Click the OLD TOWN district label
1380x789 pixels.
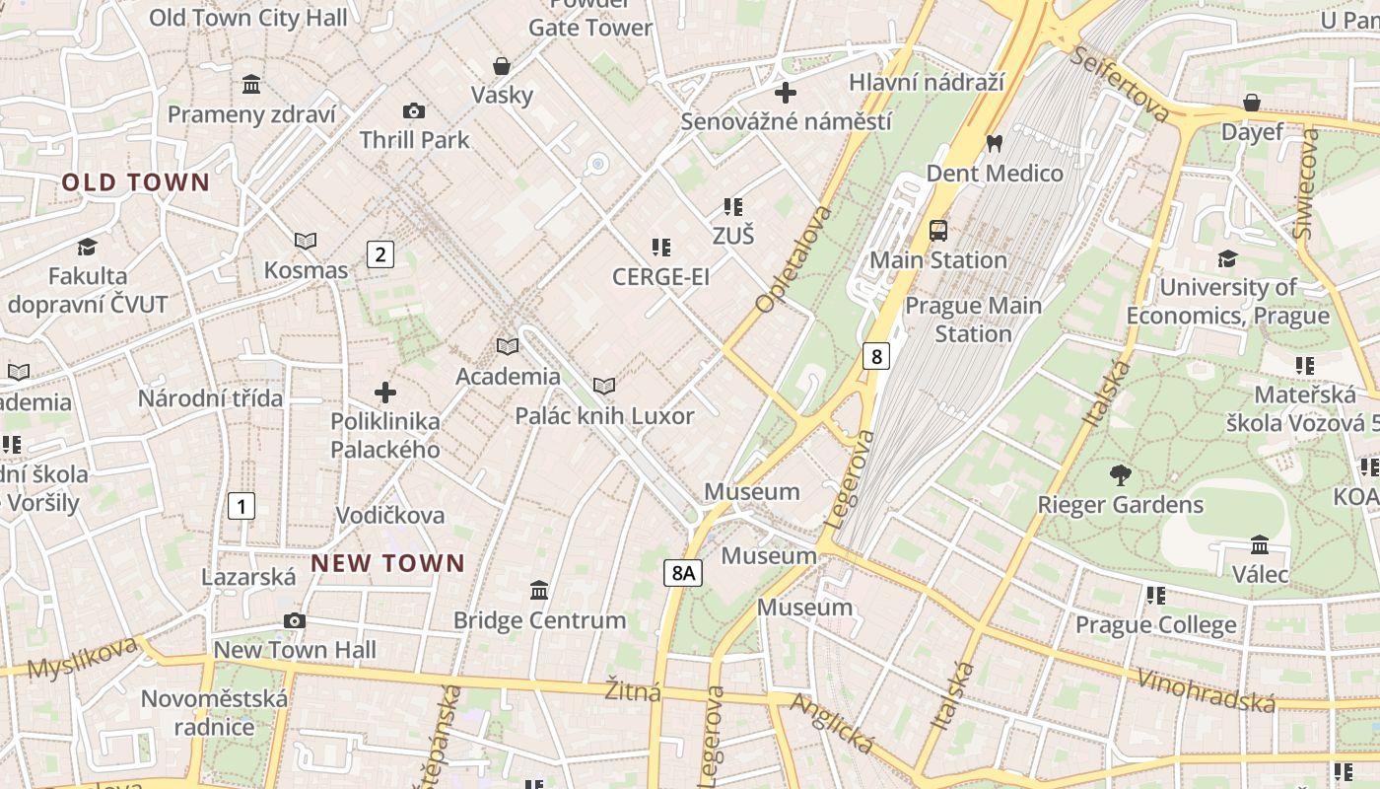tap(136, 182)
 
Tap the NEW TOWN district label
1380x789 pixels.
tap(387, 563)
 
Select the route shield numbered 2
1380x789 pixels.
tap(380, 254)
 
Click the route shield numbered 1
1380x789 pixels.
tap(241, 507)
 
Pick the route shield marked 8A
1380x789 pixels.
tap(682, 572)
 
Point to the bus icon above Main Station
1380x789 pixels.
tap(938, 231)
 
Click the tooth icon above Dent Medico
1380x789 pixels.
tap(994, 144)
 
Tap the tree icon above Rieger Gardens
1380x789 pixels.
tap(1120, 475)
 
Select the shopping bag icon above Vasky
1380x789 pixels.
tap(502, 66)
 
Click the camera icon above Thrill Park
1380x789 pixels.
tap(414, 110)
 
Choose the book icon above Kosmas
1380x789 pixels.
tap(306, 241)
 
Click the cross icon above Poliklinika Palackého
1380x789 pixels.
tap(385, 393)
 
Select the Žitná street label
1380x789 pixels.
tap(633, 690)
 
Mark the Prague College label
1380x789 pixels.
tap(1155, 625)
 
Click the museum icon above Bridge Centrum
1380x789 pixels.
tap(539, 591)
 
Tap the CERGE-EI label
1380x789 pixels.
tap(660, 277)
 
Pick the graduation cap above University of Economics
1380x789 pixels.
tap(1227, 258)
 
